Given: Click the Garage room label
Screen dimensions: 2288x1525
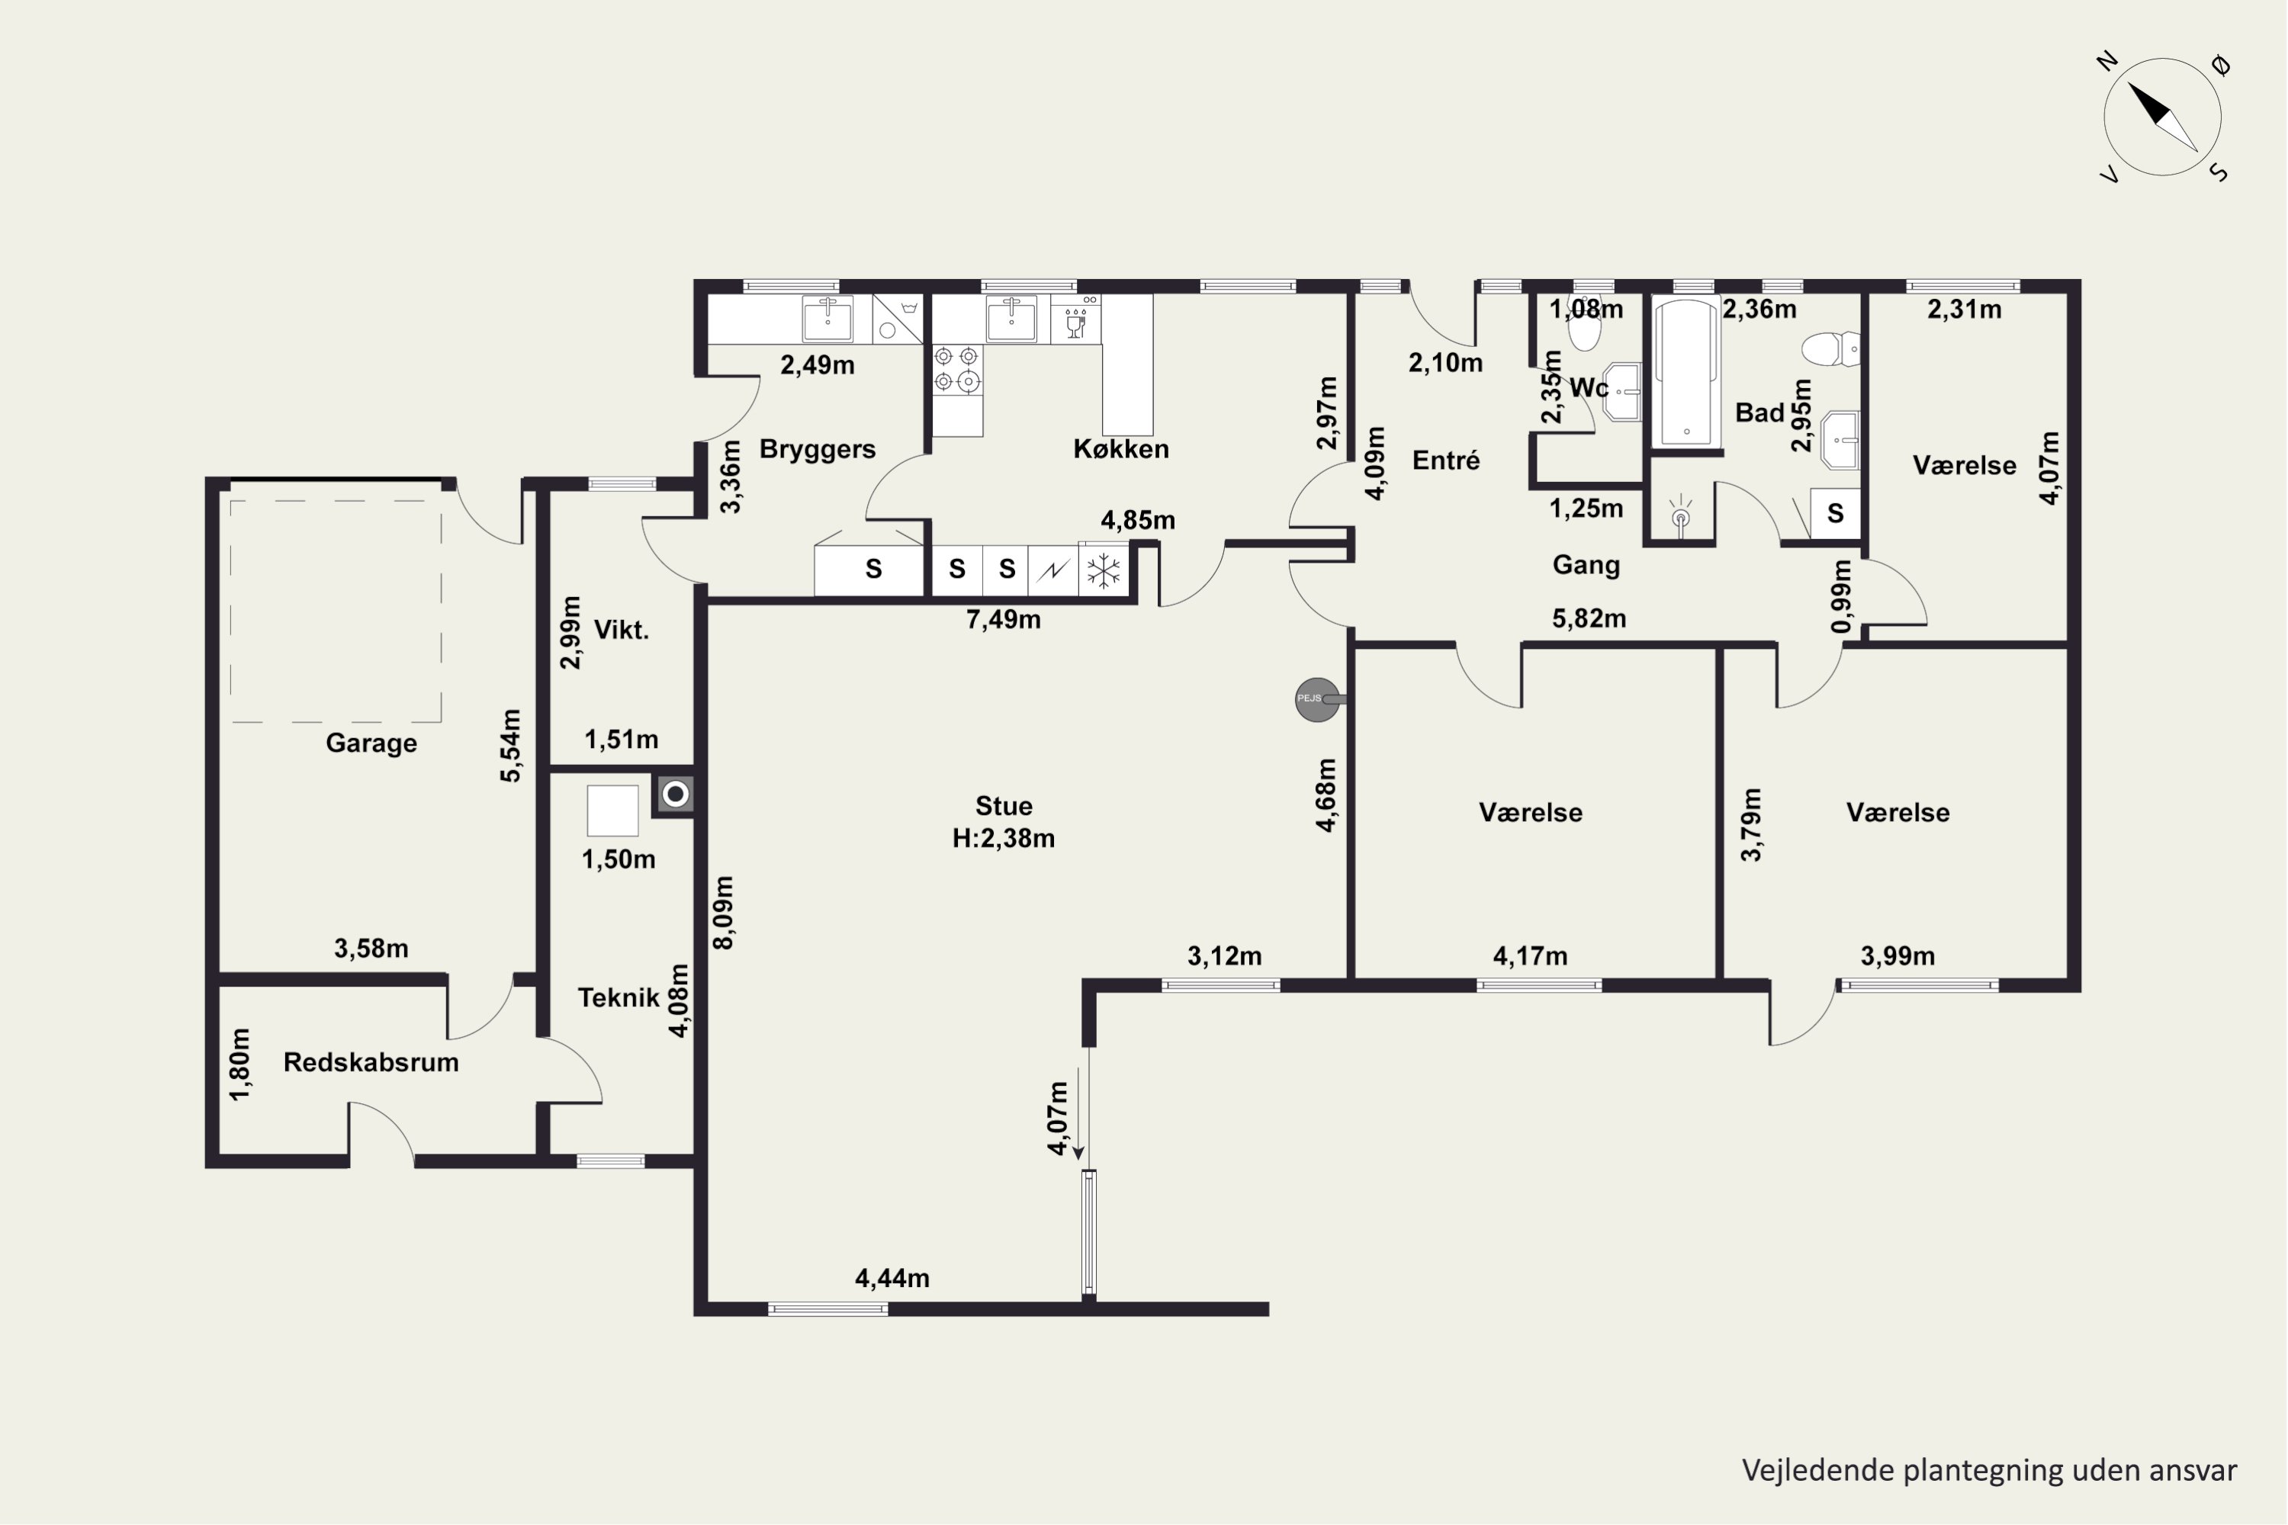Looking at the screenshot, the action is tap(371, 743).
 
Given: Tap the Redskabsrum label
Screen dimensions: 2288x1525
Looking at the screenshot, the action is tap(371, 1062).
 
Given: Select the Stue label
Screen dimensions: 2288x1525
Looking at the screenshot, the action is tap(1004, 805).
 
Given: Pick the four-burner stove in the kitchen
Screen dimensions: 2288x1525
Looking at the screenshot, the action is tap(956, 370).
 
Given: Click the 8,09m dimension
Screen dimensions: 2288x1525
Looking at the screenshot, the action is tap(724, 912).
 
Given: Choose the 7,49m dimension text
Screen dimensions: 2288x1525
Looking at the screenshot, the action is tap(1003, 619).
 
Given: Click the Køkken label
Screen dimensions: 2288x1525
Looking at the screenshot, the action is tap(1120, 448).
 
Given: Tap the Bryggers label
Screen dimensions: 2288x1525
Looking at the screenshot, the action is tap(817, 449).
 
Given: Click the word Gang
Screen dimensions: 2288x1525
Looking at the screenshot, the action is tap(1586, 565).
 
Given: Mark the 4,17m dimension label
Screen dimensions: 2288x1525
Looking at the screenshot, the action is tap(1530, 956).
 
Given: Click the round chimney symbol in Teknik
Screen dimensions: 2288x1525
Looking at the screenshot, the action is tap(675, 795).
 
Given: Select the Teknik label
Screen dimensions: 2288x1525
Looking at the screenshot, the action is tap(618, 998).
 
